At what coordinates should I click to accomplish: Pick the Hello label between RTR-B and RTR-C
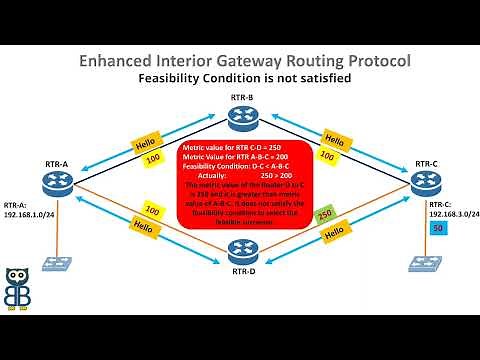click(336, 140)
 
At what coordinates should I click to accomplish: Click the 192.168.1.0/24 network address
click(27, 212)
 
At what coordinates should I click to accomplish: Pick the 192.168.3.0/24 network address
click(454, 213)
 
